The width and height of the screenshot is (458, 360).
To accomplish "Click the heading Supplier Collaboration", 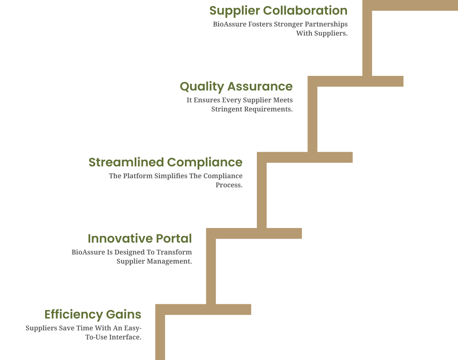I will [278, 11].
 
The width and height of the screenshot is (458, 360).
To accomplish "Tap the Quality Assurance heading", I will [236, 87].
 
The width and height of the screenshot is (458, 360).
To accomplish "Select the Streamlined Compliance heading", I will [166, 162].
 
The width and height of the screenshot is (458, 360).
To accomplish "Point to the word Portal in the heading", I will [174, 239].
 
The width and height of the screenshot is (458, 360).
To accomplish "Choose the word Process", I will [229, 185].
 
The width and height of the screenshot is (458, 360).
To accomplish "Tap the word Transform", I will [174, 252].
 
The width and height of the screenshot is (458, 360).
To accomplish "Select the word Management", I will [170, 261].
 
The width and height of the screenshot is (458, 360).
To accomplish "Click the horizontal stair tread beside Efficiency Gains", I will [203, 309].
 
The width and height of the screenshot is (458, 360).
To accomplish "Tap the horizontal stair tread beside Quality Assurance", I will [355, 81].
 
